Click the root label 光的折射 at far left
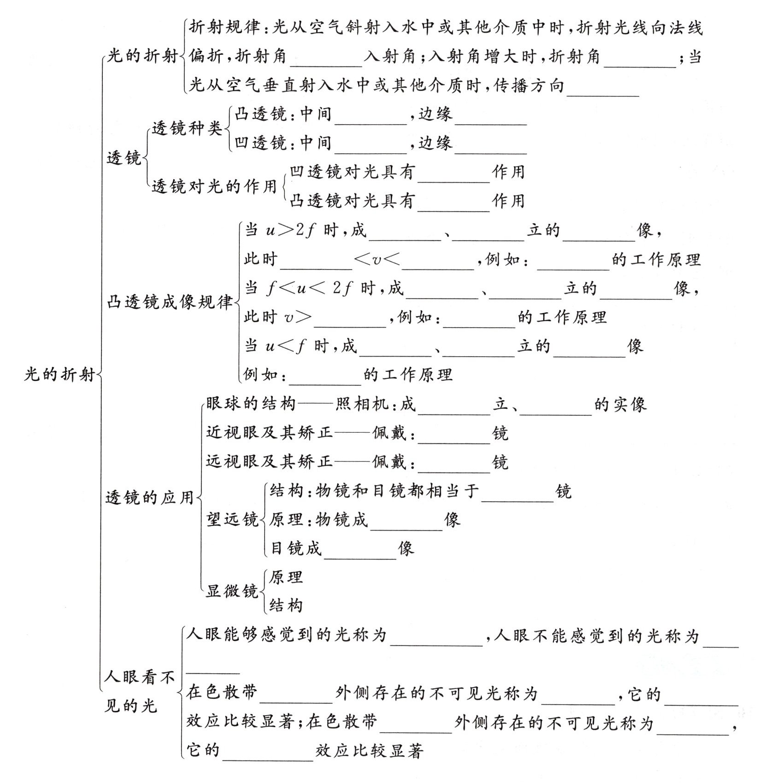tap(59, 374)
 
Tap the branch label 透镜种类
tap(187, 128)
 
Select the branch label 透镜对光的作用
tap(214, 186)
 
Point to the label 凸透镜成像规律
tap(170, 302)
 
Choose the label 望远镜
tap(232, 520)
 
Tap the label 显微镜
tap(232, 591)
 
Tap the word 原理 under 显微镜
tap(286, 577)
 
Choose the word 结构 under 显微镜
tap(286, 605)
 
